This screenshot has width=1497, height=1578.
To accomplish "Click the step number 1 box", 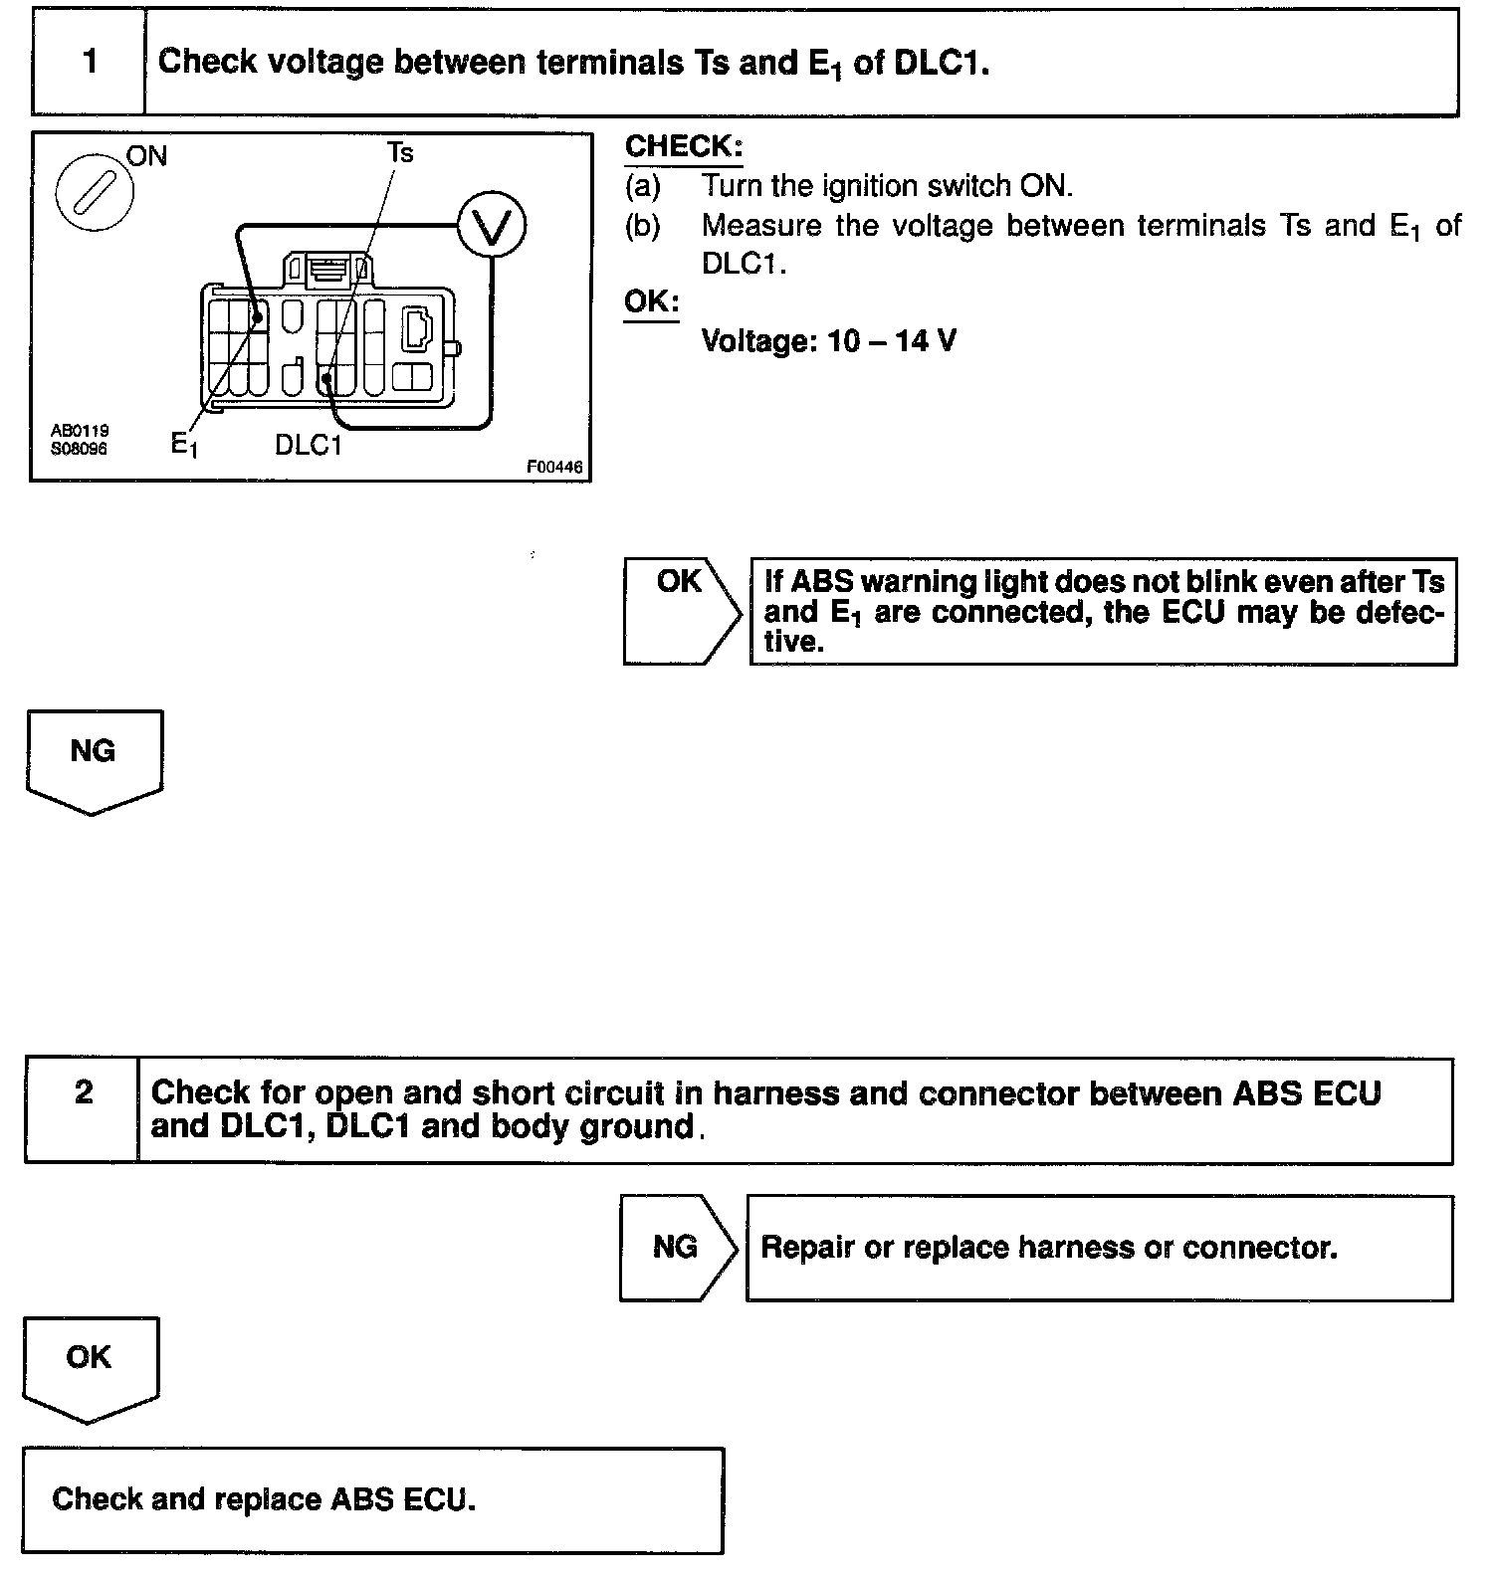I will [90, 62].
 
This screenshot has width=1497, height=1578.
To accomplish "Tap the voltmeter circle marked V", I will [492, 227].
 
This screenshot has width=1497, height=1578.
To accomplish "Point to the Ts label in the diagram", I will [400, 152].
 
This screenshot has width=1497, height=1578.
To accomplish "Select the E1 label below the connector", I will [184, 444].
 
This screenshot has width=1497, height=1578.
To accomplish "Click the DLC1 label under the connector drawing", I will [309, 445].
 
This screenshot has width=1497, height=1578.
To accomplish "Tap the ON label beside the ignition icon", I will [147, 156].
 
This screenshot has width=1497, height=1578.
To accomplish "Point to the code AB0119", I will [81, 431].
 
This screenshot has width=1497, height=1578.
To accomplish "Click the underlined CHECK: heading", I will [684, 147].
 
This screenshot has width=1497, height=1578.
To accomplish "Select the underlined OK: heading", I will [652, 301].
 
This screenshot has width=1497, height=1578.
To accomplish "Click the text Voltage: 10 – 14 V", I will [829, 342].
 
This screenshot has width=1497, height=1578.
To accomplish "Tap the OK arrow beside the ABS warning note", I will [681, 610].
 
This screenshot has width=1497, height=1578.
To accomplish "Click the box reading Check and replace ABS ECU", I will [372, 1499].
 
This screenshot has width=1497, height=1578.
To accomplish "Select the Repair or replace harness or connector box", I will [1099, 1248].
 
